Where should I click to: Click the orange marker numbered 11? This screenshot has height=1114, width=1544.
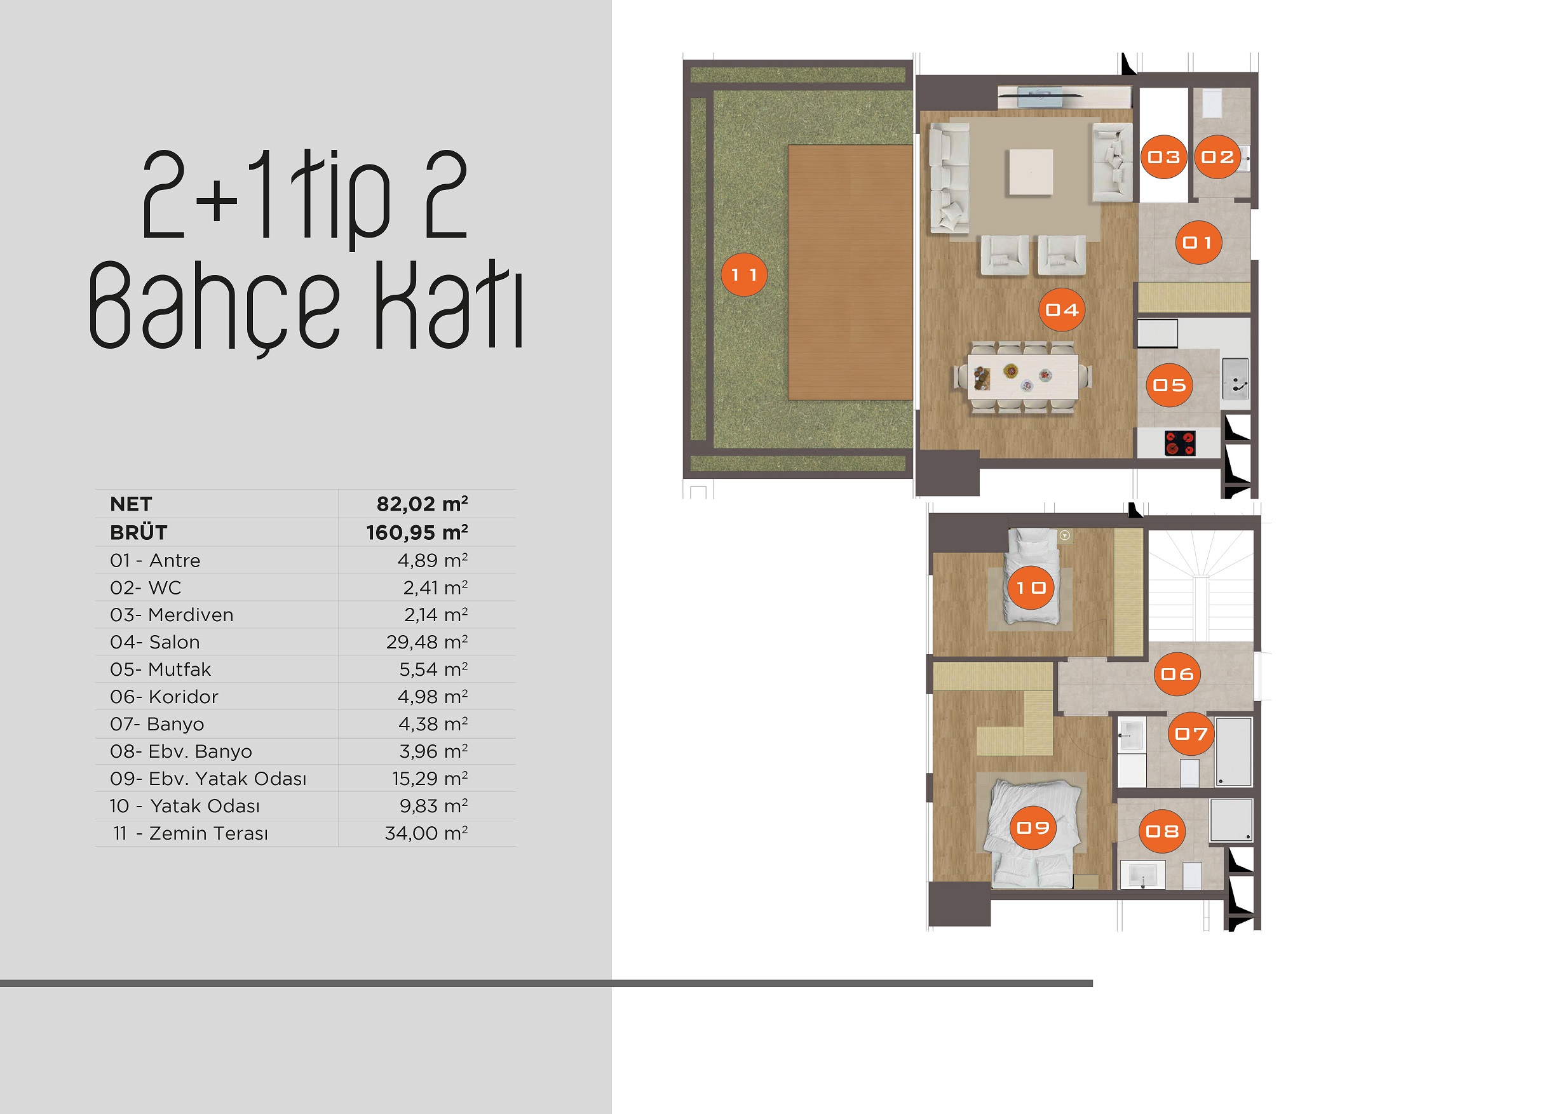click(743, 274)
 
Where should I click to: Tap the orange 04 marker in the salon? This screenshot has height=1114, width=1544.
click(1061, 310)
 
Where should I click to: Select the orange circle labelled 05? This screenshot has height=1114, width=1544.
click(1169, 385)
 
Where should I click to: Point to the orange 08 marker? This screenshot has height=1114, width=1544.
click(1162, 831)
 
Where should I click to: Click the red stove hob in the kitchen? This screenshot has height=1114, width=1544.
click(1180, 443)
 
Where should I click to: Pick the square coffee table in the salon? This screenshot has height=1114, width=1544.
click(1031, 172)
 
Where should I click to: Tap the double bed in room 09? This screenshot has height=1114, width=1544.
click(1031, 834)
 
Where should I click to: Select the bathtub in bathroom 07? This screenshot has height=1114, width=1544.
click(1233, 751)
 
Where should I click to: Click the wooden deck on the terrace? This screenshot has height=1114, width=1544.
click(850, 272)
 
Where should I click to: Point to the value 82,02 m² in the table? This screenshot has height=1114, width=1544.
click(422, 504)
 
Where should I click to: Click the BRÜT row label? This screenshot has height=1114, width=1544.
click(139, 532)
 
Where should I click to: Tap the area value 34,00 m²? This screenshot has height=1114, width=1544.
click(426, 833)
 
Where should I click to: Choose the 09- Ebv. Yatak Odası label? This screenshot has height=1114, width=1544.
click(208, 779)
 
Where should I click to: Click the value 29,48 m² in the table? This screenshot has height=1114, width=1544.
click(427, 641)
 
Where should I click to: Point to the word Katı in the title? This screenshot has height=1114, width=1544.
click(449, 305)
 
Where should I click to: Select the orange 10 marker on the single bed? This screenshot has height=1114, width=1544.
click(1031, 587)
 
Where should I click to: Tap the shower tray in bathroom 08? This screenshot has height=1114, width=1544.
click(1231, 820)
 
